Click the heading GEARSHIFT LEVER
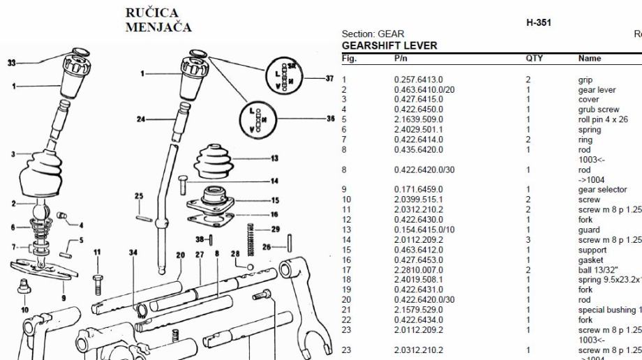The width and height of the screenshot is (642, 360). [389, 45]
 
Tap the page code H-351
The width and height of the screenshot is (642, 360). [539, 22]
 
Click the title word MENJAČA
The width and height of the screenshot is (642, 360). [158, 27]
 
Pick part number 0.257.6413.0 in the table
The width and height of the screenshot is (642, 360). [418, 80]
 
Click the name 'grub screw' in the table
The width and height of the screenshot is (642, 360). [599, 110]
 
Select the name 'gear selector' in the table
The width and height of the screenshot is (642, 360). [602, 190]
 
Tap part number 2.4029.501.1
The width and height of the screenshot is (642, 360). [418, 130]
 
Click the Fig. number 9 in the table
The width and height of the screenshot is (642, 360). [344, 190]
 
